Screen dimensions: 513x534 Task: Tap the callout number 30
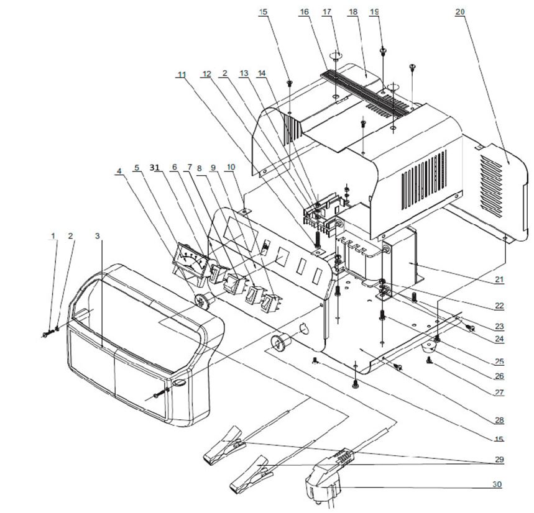(496, 484)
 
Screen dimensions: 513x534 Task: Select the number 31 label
(156, 167)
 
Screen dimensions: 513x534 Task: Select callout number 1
(53, 236)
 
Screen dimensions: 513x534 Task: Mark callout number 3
(97, 236)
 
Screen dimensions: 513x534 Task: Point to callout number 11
(182, 75)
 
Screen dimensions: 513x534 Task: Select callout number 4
(119, 168)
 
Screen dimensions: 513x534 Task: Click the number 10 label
(231, 167)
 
